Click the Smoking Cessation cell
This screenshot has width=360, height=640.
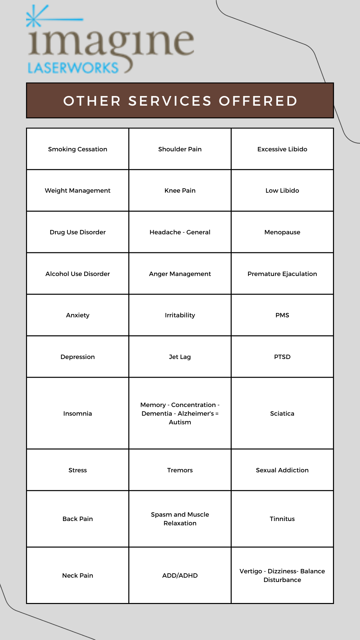tap(78, 149)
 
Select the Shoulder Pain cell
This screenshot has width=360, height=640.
tap(180, 149)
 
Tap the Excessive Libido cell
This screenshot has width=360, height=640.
tap(282, 149)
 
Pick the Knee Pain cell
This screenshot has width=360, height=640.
tap(180, 190)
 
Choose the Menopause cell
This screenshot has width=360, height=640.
tap(282, 232)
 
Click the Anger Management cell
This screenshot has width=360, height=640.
tap(180, 274)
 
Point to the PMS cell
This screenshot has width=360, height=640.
tap(282, 315)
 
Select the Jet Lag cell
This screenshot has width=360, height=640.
tap(180, 357)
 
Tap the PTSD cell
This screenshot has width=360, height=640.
tap(282, 357)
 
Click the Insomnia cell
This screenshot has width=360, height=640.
tap(78, 413)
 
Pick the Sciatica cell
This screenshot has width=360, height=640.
tap(282, 413)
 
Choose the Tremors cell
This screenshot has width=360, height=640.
tap(180, 470)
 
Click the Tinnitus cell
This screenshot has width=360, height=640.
tap(282, 519)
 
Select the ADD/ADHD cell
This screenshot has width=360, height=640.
tap(180, 575)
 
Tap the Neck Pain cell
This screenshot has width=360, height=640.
tap(78, 575)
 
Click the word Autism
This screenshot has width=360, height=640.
tap(180, 422)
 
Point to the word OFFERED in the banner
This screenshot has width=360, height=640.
tap(258, 101)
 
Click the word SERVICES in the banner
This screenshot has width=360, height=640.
tap(170, 101)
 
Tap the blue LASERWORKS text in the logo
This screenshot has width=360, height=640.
tap(73, 68)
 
